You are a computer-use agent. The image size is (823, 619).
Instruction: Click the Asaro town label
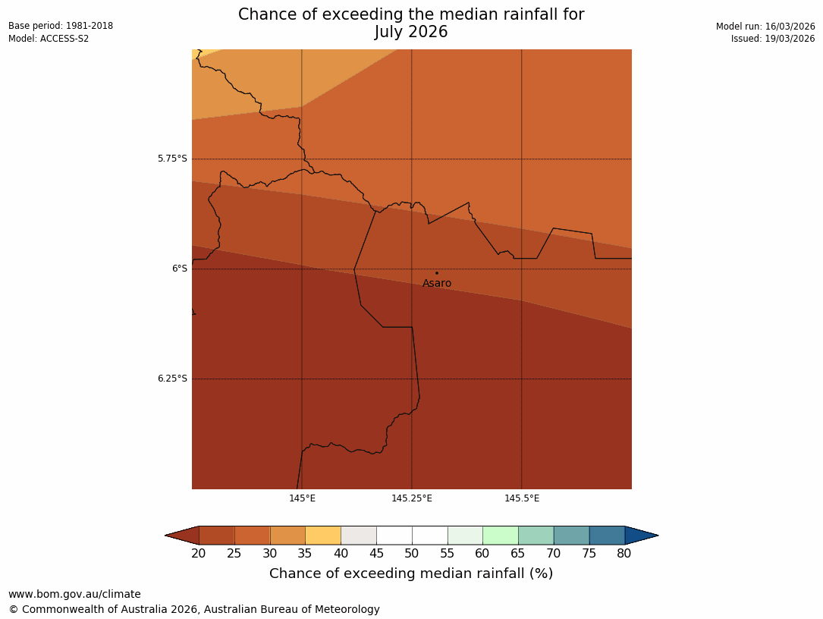pos(437,284)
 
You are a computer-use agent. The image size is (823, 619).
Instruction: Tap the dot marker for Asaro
pos(437,273)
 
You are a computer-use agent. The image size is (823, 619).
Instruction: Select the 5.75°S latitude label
pos(172,159)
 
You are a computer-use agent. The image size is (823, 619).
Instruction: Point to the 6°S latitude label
pos(179,269)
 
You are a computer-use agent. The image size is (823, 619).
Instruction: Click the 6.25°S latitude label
pos(172,379)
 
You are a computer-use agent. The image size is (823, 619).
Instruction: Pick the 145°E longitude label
pos(302,498)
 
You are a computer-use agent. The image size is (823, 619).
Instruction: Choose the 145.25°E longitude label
pos(412,498)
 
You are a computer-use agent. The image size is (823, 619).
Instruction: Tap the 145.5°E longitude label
pos(522,498)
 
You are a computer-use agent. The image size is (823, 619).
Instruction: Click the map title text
pos(411,24)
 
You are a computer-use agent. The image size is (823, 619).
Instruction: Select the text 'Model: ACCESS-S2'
pos(49,39)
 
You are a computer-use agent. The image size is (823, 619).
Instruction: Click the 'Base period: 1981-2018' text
pos(61,26)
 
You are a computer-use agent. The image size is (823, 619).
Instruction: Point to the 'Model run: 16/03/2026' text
pos(765,27)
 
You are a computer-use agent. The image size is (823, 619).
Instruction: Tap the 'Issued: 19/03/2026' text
pos(773,39)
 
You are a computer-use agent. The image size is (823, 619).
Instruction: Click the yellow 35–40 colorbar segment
pos(323,536)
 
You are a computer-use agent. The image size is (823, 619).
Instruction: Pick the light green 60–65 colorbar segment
pos(501,536)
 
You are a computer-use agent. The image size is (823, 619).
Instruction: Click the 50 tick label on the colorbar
pos(412,554)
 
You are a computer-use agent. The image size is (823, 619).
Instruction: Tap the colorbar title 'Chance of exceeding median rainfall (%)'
pos(411,573)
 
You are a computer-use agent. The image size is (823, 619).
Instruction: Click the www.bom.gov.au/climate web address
pos(74,594)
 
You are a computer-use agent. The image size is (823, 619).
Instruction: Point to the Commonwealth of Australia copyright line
pos(194,609)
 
